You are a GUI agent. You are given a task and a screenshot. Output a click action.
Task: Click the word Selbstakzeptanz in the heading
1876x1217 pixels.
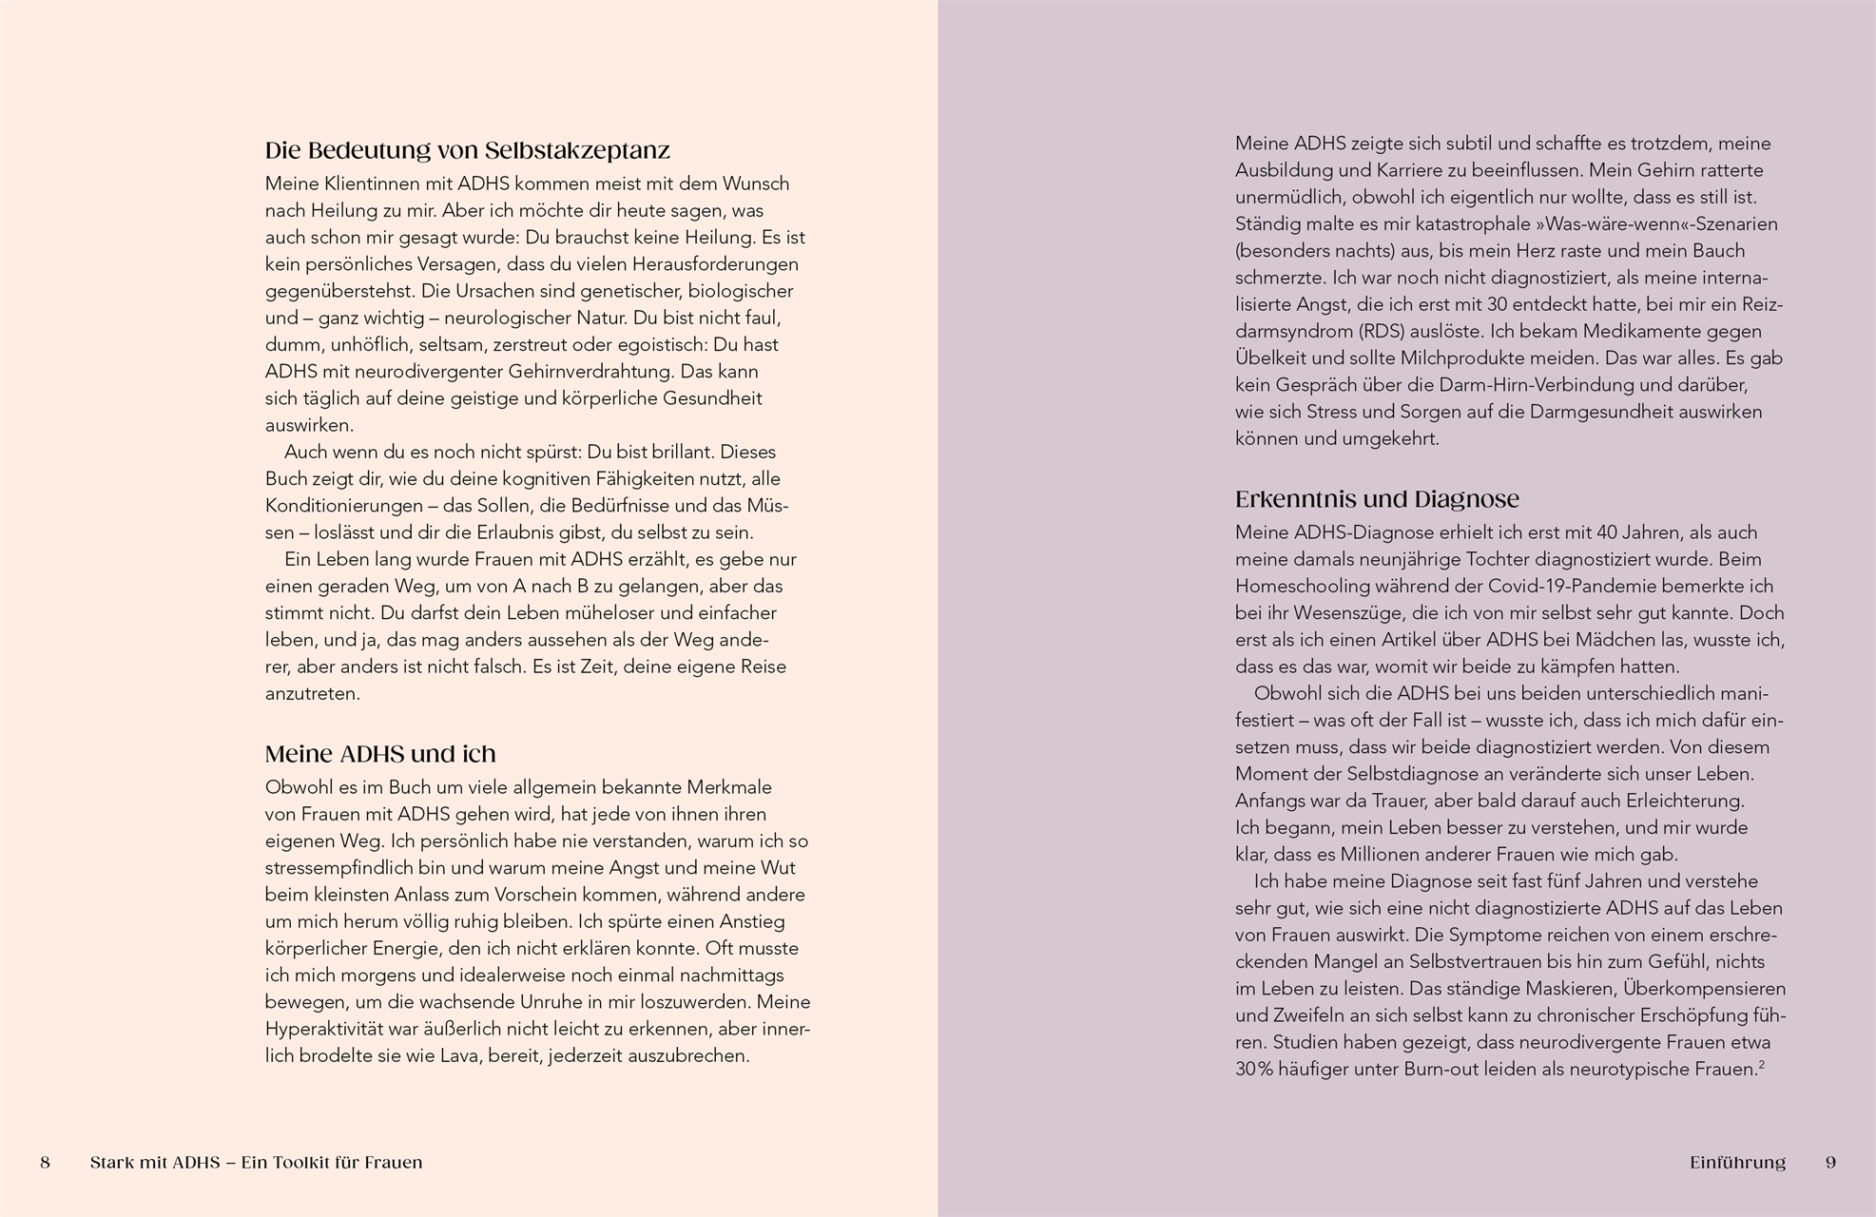[577, 150]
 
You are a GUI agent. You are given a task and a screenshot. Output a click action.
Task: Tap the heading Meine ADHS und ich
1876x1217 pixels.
[380, 754]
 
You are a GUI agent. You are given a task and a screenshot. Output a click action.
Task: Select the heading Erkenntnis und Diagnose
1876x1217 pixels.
[1377, 499]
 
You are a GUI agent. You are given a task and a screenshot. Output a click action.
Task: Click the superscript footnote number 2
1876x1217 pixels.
[1761, 1065]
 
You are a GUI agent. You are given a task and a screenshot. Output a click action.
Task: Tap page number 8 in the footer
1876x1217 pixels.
[45, 1163]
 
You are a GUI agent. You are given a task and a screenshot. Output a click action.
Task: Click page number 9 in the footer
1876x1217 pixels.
[1830, 1163]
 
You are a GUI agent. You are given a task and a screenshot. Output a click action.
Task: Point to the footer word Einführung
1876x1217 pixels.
[1737, 1163]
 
